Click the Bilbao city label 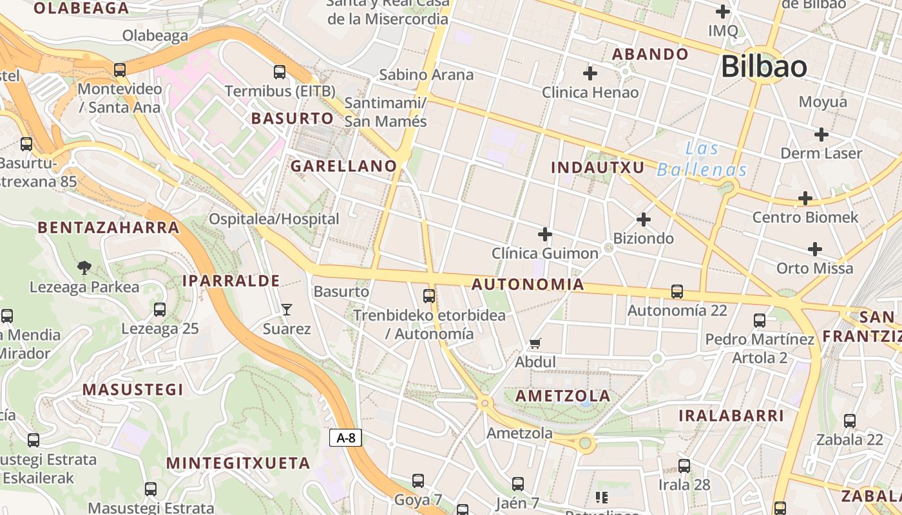pos(763,67)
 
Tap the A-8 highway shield pos(346,438)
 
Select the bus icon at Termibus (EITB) pos(280,72)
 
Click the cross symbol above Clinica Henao pos(590,73)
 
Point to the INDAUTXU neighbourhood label pos(598,168)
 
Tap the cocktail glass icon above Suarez pos(287,310)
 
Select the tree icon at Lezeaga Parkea pos(84,268)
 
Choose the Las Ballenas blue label pos(702,160)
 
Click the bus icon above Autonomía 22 pos(677,292)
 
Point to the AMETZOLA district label pos(563,396)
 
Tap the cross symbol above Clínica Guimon pos(545,234)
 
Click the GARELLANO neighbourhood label pos(343,166)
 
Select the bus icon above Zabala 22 pos(850,421)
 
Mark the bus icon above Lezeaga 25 pos(160,310)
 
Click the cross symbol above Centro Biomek pos(805,198)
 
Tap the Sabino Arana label pos(426,75)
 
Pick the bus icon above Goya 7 pos(418,481)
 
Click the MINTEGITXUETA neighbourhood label pos(238,464)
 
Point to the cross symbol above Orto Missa pos(815,249)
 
